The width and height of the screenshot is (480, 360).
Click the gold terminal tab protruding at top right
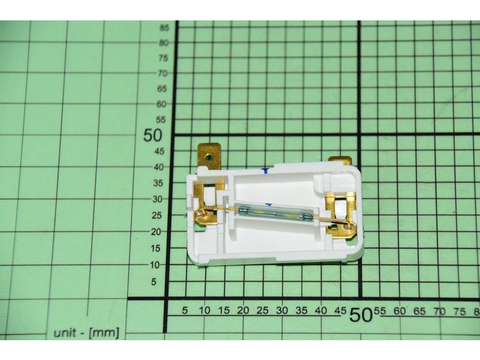tap(340, 161)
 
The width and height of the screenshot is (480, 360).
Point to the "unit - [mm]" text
tap(86, 333)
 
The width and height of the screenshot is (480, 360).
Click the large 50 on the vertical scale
tap(152, 135)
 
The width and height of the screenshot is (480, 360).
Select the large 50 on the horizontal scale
tap(361, 314)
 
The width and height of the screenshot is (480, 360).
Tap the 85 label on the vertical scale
tap(164, 28)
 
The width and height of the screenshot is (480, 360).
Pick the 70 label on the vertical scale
tap(163, 73)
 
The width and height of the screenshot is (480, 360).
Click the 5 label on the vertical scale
tap(154, 281)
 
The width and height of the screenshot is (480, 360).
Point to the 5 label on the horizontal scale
tap(185, 310)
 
